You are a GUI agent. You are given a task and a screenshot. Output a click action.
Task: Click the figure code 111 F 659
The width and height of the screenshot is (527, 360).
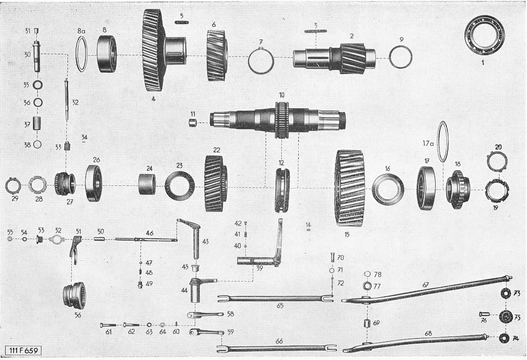tap(24, 350)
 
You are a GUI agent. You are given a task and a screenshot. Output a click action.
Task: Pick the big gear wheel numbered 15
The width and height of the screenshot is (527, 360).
tap(350, 188)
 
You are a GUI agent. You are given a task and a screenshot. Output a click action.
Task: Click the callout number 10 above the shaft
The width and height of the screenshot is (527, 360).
tap(282, 95)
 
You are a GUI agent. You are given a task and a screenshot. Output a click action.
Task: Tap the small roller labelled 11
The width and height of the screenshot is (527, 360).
tap(193, 123)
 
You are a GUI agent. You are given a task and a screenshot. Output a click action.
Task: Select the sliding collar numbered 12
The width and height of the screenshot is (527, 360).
tap(282, 190)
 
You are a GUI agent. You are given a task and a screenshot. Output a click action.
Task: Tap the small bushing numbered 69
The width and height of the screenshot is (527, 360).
tap(367, 324)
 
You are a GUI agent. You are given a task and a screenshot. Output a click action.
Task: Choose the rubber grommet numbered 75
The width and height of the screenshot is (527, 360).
tap(506, 317)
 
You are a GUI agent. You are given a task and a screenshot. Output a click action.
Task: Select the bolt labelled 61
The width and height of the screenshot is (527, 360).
tap(108, 325)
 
